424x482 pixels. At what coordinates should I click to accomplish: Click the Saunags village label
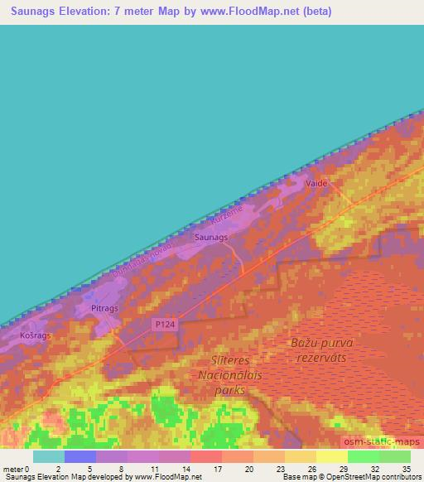pos(210,238)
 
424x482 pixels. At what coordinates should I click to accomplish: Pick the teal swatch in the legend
pos(49,456)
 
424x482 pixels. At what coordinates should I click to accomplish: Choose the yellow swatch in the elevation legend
pos(331,456)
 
